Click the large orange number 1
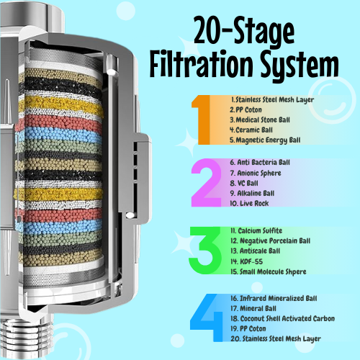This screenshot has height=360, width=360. pos(201,119)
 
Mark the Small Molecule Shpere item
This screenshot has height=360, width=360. pos(271,271)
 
